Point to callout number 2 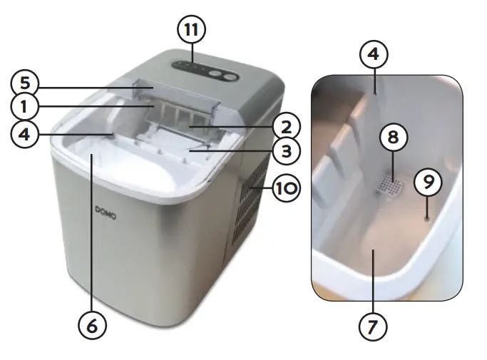pos(284,127)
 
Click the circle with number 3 pos(284,152)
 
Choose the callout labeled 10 pos(284,188)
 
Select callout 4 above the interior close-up pos(374,53)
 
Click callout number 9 pos(428,182)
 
